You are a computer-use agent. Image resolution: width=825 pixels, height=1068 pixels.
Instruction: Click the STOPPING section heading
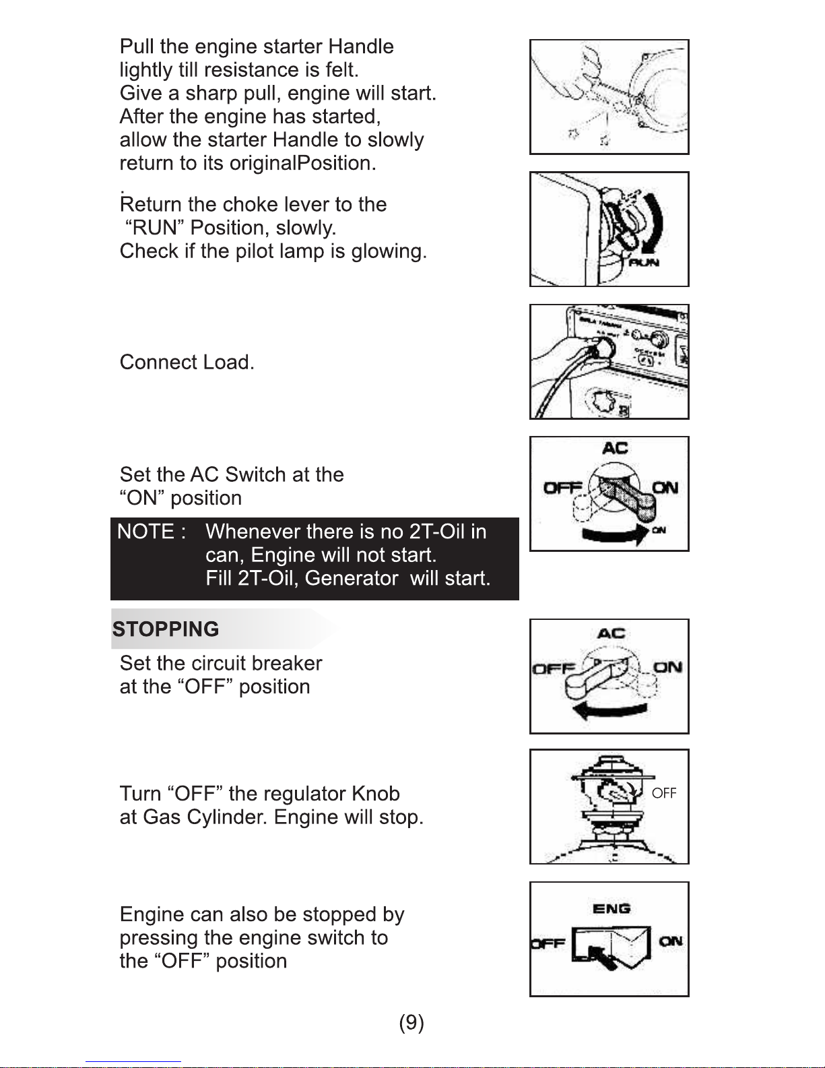point(166,629)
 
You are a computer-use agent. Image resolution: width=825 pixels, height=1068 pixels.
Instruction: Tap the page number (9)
point(411,1023)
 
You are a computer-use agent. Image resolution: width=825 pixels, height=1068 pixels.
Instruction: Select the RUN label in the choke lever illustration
point(644,262)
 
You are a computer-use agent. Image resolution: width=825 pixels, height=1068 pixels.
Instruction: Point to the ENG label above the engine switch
point(612,909)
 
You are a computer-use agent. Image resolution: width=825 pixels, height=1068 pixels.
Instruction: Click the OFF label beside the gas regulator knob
point(664,793)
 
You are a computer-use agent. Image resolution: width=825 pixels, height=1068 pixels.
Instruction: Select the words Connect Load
point(187,363)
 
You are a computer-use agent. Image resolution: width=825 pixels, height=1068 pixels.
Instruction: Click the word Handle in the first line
point(361,46)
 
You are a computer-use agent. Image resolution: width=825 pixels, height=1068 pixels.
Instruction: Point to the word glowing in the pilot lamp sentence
point(389,251)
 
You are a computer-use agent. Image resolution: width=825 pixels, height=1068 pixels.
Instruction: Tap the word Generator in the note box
point(351,579)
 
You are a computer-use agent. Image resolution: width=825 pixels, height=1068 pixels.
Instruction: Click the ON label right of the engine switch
point(671,941)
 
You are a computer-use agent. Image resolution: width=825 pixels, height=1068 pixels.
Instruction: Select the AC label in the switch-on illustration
point(616,447)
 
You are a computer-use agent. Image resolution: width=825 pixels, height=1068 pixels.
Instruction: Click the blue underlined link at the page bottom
point(133,1061)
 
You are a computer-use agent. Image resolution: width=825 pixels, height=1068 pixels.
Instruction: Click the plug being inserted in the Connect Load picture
point(601,350)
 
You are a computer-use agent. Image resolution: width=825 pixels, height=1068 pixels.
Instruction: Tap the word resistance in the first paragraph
point(251,70)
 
